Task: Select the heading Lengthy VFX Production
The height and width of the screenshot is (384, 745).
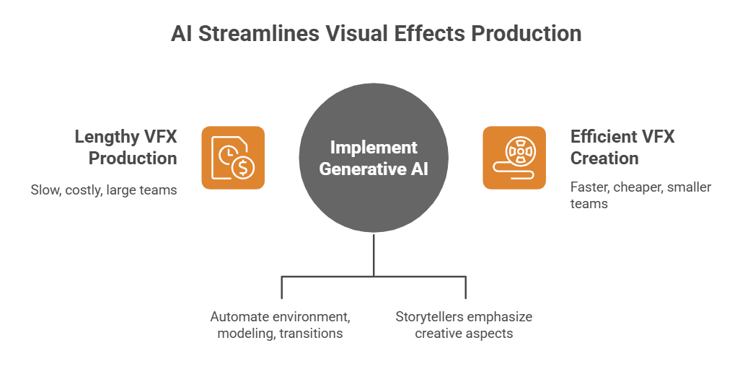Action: pyautogui.click(x=125, y=147)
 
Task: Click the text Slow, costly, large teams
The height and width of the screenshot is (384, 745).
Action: pyautogui.click(x=103, y=190)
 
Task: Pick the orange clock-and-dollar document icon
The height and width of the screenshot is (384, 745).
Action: pyautogui.click(x=233, y=158)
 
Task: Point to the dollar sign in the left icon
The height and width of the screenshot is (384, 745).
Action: pyautogui.click(x=244, y=167)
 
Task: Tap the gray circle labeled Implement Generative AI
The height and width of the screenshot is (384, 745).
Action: pyautogui.click(x=374, y=158)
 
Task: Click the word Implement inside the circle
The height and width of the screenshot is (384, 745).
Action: pyautogui.click(x=374, y=147)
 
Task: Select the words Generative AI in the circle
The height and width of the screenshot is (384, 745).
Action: pyautogui.click(x=374, y=169)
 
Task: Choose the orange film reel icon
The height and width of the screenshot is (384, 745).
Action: pyautogui.click(x=514, y=158)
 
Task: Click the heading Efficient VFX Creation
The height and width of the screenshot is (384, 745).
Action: pyautogui.click(x=622, y=147)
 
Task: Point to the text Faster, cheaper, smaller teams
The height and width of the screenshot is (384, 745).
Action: pyautogui.click(x=640, y=195)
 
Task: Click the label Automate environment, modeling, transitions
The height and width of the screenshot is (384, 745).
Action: pyautogui.click(x=281, y=325)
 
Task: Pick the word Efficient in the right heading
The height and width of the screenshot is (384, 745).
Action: pyautogui.click(x=604, y=136)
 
